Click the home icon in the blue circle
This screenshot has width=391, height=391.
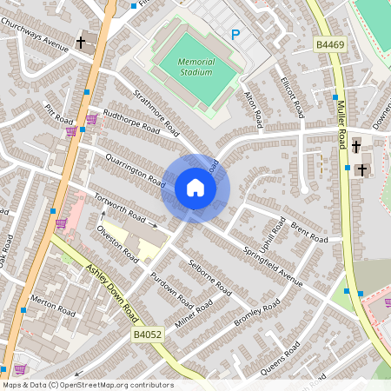[195, 188]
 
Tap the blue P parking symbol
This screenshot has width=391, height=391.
[235, 35]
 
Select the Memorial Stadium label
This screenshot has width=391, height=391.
[195, 67]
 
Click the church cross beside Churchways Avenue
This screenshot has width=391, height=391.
[81, 42]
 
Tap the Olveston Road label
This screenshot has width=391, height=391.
[117, 244]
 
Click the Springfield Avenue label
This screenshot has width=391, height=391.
[273, 265]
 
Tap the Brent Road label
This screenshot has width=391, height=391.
[309, 233]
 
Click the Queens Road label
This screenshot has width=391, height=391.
[281, 358]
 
